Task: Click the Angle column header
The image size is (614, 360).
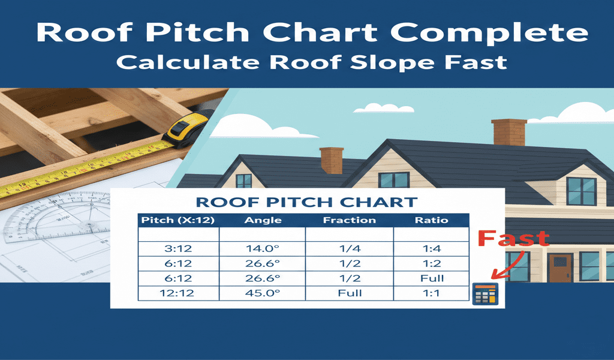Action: [263, 220]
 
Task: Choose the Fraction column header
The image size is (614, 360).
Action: [349, 220]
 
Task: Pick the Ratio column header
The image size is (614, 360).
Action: [431, 220]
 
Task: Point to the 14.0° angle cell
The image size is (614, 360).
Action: [263, 249]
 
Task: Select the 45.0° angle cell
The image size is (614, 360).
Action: [263, 293]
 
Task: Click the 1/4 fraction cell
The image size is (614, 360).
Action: [349, 249]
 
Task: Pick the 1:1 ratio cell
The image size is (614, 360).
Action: [431, 293]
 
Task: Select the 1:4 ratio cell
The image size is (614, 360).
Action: [431, 249]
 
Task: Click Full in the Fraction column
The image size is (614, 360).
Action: [349, 293]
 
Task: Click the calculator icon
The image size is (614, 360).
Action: [485, 293]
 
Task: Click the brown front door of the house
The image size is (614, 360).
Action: [559, 268]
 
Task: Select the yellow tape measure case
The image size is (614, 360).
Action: [186, 130]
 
